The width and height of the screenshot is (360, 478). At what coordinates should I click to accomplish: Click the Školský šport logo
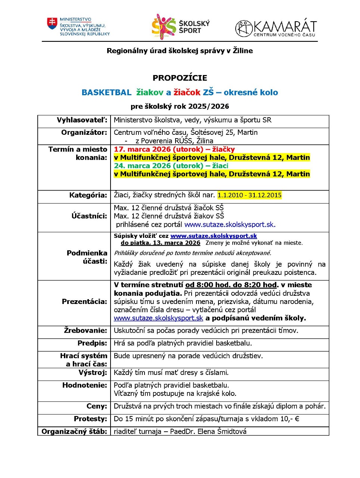pyautogui.click(x=180, y=27)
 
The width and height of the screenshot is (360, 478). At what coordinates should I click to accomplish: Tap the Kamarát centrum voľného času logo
pyautogui.click(x=276, y=28)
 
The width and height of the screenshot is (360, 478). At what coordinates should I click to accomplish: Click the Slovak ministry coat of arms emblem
pyautogui.click(x=52, y=24)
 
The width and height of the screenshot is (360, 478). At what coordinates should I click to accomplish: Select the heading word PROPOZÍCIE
pyautogui.click(x=180, y=78)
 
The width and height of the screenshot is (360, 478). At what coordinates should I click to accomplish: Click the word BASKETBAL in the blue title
pyautogui.click(x=106, y=93)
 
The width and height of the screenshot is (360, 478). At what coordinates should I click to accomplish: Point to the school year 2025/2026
pyautogui.click(x=209, y=106)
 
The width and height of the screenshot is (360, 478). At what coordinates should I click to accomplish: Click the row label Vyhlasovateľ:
pyautogui.click(x=82, y=120)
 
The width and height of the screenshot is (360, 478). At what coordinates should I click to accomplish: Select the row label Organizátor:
pyautogui.click(x=84, y=133)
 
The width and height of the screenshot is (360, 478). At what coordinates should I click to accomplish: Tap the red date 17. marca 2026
pyautogui.click(x=143, y=149)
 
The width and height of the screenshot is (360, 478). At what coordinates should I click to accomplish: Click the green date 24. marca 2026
pyautogui.click(x=143, y=166)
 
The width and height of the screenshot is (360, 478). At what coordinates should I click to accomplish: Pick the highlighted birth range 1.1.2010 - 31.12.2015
pyautogui.click(x=249, y=195)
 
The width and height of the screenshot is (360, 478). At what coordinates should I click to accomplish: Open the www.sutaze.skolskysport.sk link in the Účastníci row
pyautogui.click(x=230, y=225)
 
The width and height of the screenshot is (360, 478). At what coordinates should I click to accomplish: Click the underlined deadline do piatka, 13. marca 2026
pyautogui.click(x=160, y=243)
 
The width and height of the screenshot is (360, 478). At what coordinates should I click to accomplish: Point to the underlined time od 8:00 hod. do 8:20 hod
pyautogui.click(x=231, y=285)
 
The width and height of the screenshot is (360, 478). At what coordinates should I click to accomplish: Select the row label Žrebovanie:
pyautogui.click(x=85, y=330)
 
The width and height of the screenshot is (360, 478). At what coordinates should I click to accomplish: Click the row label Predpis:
pyautogui.click(x=92, y=343)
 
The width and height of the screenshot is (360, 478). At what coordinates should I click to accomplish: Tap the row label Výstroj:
pyautogui.click(x=93, y=373)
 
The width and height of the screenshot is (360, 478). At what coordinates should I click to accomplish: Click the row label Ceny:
pyautogui.click(x=97, y=406)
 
